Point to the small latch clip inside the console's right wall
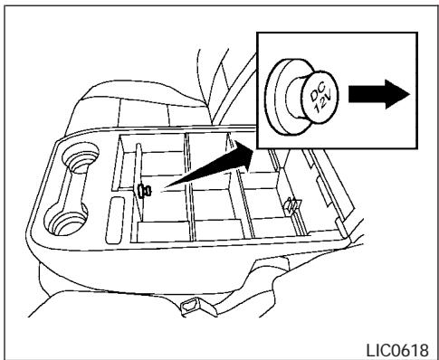pyautogui.click(x=291, y=205)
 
